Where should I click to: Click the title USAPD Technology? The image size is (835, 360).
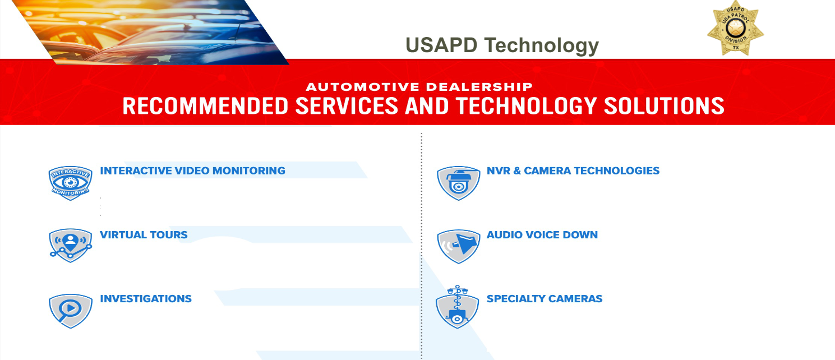[x=502, y=45]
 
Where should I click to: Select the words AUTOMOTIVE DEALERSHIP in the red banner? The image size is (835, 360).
[x=419, y=87]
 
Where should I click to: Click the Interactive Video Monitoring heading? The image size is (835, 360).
[x=192, y=171]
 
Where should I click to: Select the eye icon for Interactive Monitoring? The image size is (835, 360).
[x=70, y=182]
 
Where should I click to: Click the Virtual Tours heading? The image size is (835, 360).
[x=144, y=235]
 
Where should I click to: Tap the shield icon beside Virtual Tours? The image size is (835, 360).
[x=70, y=244]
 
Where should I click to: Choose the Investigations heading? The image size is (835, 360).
[x=146, y=299]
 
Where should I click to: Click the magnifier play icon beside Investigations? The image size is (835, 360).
[x=70, y=309]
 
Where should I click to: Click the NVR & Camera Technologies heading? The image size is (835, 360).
[x=573, y=171]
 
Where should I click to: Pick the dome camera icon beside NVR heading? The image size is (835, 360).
[x=458, y=182]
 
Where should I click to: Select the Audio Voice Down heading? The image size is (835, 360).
[x=542, y=235]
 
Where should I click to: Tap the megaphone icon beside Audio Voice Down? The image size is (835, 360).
[x=458, y=245]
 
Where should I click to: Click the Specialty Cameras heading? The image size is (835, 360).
[x=544, y=299]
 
